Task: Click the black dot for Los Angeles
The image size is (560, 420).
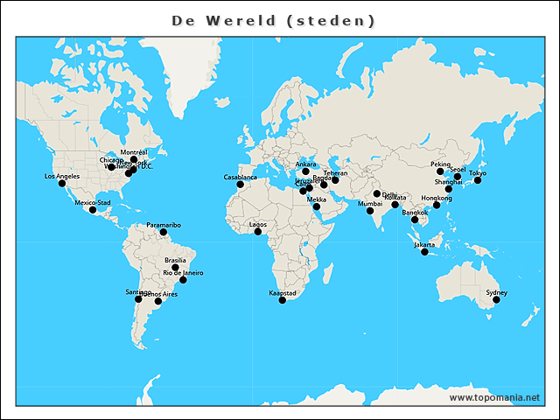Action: [62, 183]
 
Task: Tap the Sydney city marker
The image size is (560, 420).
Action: [496, 299]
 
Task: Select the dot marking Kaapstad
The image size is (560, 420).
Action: [282, 300]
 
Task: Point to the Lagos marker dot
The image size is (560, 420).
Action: [258, 231]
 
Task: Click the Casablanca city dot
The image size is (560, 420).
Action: [241, 184]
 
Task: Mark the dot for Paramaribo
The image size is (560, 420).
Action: [164, 232]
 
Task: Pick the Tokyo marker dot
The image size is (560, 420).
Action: [478, 180]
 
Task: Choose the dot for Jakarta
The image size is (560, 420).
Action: [424, 252]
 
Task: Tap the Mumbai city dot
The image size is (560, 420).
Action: [370, 211]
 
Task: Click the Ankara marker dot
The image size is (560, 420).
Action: [305, 171]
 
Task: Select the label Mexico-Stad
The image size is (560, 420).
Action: [93, 202]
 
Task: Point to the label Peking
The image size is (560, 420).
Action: [440, 164]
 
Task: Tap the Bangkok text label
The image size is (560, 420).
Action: [415, 213]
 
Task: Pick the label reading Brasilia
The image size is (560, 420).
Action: [175, 260]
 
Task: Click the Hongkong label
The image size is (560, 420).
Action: [437, 198]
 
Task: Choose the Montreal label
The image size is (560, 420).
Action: [134, 152]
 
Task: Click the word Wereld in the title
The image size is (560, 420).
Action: [239, 19]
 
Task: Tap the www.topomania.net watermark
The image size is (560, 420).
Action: [493, 397]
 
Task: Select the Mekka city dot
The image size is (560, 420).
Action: [317, 206]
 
